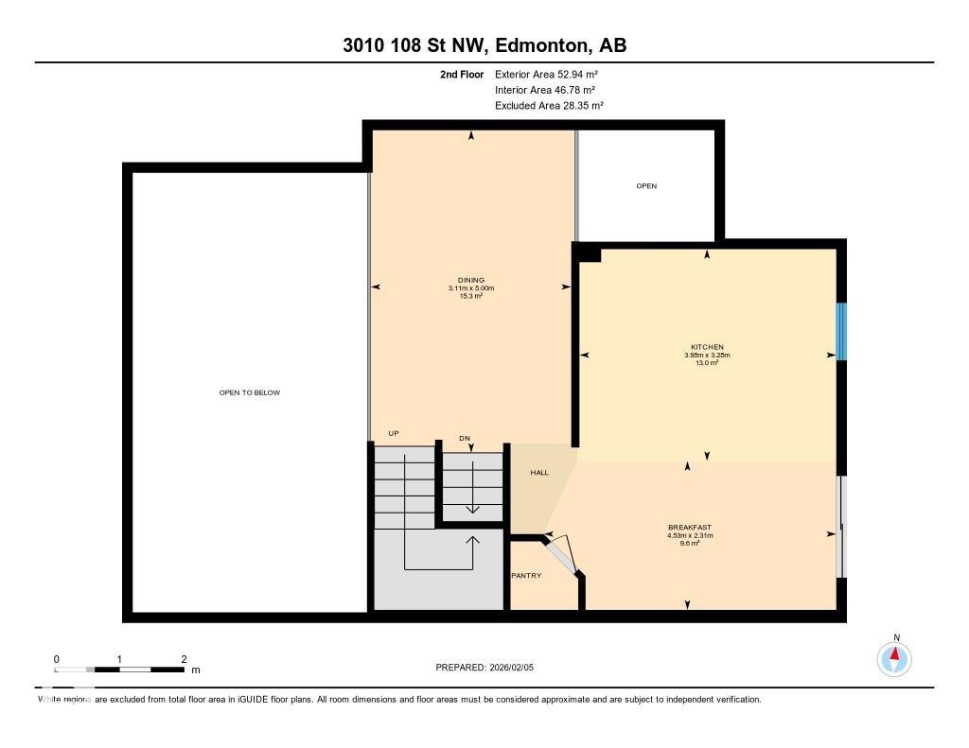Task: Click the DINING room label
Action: pyautogui.click(x=471, y=280)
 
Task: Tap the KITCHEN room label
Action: pyautogui.click(x=707, y=347)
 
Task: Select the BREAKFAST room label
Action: pyautogui.click(x=689, y=528)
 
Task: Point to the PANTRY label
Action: pyautogui.click(x=526, y=575)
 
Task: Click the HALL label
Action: pyautogui.click(x=538, y=473)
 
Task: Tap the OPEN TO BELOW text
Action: pyautogui.click(x=250, y=392)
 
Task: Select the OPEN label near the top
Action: pyautogui.click(x=646, y=186)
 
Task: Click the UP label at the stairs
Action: pyautogui.click(x=394, y=433)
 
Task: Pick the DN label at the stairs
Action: pyautogui.click(x=465, y=438)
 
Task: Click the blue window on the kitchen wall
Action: pyautogui.click(x=840, y=331)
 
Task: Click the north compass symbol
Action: pyautogui.click(x=894, y=658)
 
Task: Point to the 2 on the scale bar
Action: pyautogui.click(x=184, y=659)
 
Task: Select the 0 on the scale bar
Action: pyautogui.click(x=57, y=659)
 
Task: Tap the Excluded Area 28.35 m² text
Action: pyautogui.click(x=549, y=106)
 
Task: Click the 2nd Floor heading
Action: pyautogui.click(x=462, y=74)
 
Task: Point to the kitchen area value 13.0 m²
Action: pyautogui.click(x=707, y=363)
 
